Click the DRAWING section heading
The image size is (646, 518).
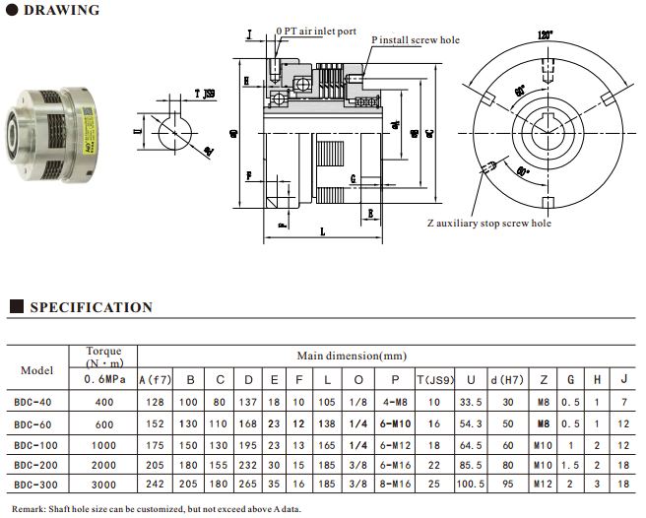click(x=61, y=11)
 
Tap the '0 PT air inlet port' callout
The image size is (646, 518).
click(x=316, y=31)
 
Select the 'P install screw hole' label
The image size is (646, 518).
click(x=416, y=40)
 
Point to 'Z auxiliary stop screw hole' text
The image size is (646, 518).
click(x=489, y=224)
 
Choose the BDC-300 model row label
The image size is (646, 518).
click(x=36, y=486)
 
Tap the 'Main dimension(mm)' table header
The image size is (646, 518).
click(x=351, y=356)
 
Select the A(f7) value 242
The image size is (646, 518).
click(x=155, y=486)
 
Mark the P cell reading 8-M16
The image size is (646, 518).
click(x=395, y=486)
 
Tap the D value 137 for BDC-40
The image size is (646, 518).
click(x=248, y=403)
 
